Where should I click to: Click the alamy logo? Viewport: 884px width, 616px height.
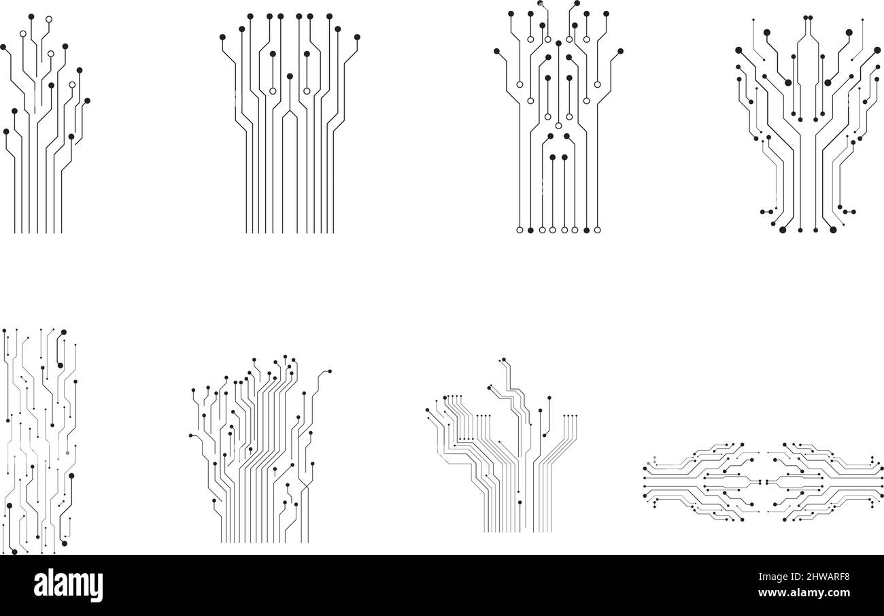(x=68, y=585)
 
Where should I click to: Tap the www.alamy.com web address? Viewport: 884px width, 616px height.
(x=804, y=593)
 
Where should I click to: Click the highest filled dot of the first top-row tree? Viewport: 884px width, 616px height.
(x=31, y=16)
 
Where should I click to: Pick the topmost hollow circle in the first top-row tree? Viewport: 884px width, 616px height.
(x=49, y=19)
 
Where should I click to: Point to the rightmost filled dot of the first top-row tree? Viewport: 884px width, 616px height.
(x=87, y=101)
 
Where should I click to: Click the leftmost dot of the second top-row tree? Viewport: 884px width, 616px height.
(x=222, y=37)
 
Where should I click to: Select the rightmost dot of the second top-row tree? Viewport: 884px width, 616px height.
(x=357, y=37)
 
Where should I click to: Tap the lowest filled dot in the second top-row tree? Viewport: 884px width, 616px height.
(x=290, y=76)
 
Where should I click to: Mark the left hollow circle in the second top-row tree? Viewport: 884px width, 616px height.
(x=273, y=91)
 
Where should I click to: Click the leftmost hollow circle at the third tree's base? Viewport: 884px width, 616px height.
(x=520, y=230)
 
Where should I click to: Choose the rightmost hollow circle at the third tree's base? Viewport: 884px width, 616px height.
(x=598, y=230)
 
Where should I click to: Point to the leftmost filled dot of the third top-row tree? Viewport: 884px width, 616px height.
(x=497, y=51)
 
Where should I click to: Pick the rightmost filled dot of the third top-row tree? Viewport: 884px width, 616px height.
(x=620, y=51)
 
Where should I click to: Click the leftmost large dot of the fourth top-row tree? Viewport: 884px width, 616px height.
(x=738, y=50)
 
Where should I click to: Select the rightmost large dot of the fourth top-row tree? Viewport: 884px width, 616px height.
(x=877, y=50)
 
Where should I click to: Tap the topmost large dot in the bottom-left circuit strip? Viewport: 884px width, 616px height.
(x=63, y=332)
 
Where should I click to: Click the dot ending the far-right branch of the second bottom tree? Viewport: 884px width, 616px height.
(x=330, y=371)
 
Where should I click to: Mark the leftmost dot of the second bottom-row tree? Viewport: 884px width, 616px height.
(x=190, y=436)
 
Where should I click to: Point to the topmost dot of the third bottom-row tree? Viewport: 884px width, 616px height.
(x=504, y=360)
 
